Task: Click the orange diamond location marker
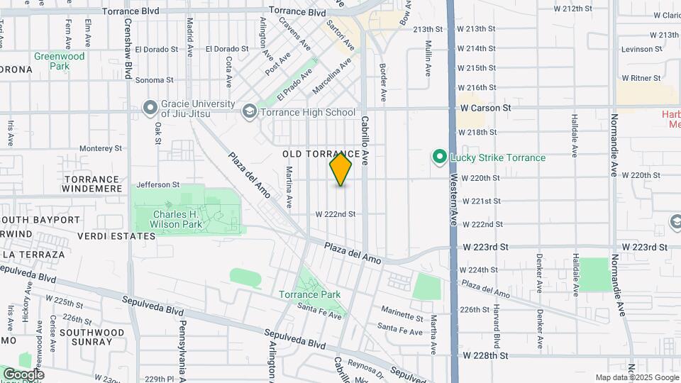point(341,170)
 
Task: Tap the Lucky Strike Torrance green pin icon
point(440,157)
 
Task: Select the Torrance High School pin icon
point(249,112)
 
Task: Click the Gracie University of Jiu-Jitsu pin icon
point(150,108)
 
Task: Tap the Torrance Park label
point(309,294)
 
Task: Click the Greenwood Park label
point(60,61)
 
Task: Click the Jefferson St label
point(158,184)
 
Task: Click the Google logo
point(23,374)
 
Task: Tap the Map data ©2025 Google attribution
point(636,377)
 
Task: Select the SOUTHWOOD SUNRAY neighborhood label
point(86,336)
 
